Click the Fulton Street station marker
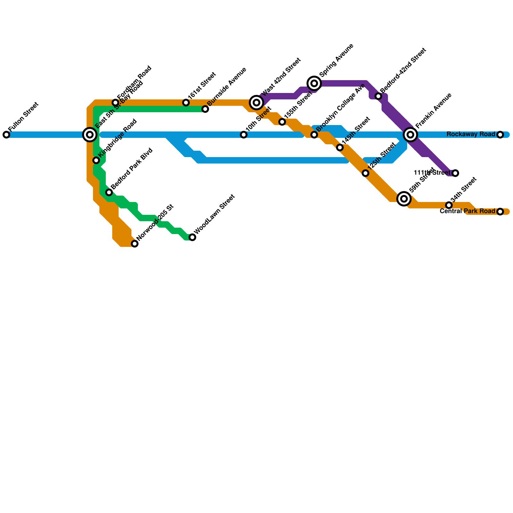[6, 135]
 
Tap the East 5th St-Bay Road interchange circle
[90, 135]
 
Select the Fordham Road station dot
[115, 103]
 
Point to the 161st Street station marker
[186, 103]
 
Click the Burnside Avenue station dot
[205, 109]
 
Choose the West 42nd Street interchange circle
[256, 103]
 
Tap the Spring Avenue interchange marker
[314, 83]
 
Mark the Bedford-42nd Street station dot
[378, 96]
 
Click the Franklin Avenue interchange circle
[410, 135]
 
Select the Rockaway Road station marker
[500, 135]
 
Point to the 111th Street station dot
[455, 173]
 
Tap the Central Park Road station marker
[500, 212]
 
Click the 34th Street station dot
[449, 205]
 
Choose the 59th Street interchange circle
[404, 199]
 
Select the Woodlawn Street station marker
[192, 237]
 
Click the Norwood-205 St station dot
[135, 244]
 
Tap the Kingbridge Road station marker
[96, 160]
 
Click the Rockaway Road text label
[471, 134]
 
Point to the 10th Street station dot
[244, 135]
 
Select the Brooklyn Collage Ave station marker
[314, 135]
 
